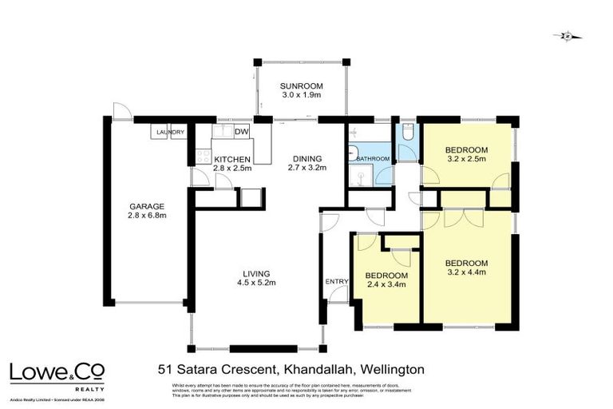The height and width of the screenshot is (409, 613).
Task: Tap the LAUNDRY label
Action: (171, 133)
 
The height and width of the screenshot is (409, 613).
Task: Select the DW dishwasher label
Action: (242, 133)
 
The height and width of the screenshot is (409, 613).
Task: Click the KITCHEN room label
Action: (232, 159)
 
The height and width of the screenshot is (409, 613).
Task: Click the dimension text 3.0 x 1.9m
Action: (300, 94)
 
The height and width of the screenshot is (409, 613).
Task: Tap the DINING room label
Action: (306, 157)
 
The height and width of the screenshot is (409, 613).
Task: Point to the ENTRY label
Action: (336, 281)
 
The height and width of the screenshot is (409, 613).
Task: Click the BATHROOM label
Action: (372, 159)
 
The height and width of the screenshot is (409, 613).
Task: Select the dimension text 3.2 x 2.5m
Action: (466, 160)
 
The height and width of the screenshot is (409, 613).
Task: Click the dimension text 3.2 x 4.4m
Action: (466, 272)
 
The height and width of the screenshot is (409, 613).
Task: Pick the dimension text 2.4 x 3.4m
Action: (386, 284)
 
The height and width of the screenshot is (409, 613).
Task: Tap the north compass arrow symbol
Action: (568, 36)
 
